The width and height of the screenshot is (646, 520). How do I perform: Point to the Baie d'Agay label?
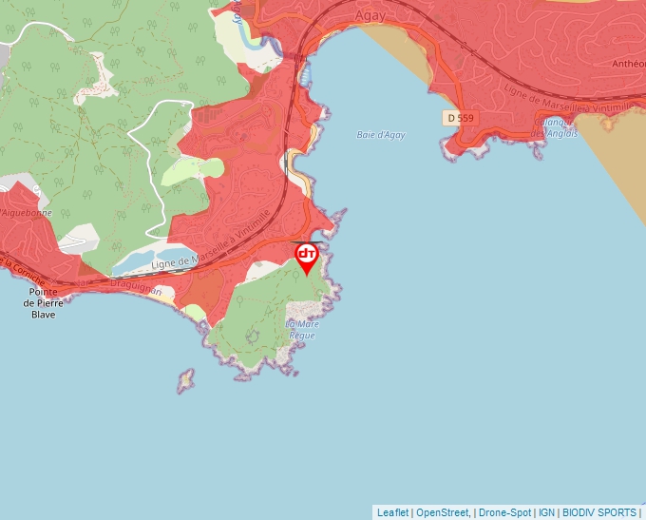381,135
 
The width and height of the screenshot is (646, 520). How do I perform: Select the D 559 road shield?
458,118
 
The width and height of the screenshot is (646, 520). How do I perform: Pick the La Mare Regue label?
302,330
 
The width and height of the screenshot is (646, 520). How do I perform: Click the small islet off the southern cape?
184,381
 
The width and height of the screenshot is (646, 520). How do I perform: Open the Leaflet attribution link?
392,512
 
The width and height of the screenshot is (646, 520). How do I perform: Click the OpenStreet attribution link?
442,512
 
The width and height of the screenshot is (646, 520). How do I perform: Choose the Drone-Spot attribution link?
504,512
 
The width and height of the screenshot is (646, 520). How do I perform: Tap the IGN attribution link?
546,512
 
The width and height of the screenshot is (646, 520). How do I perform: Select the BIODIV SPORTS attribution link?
600,512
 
